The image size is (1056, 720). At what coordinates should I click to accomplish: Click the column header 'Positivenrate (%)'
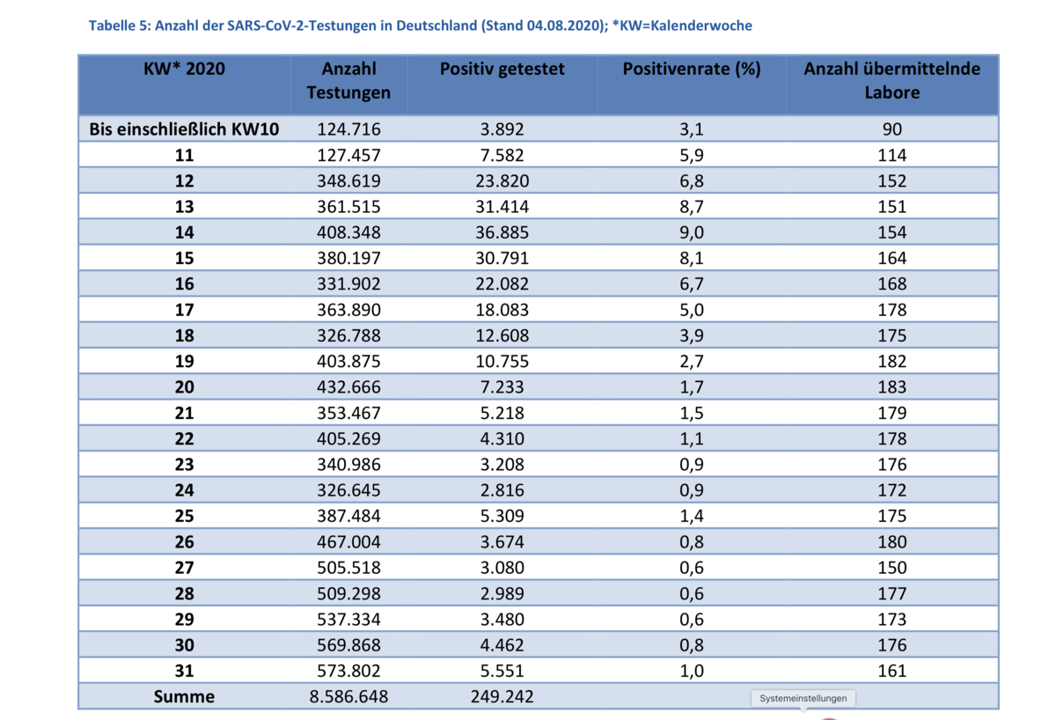pyautogui.click(x=692, y=70)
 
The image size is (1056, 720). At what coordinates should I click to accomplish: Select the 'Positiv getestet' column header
pyautogui.click(x=502, y=70)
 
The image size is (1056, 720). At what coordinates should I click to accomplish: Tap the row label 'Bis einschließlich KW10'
pyautogui.click(x=184, y=129)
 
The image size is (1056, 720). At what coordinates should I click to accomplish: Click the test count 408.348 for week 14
pyautogui.click(x=348, y=232)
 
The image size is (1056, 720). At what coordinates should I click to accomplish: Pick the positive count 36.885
pyautogui.click(x=502, y=232)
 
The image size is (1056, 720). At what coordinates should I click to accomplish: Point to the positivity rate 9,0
pyautogui.click(x=692, y=232)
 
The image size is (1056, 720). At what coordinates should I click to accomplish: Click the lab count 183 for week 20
pyautogui.click(x=892, y=387)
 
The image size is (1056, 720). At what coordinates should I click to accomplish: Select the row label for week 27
pyautogui.click(x=184, y=568)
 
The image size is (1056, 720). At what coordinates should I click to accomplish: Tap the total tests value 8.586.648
pyautogui.click(x=348, y=696)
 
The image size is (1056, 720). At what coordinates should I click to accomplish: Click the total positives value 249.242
pyautogui.click(x=502, y=696)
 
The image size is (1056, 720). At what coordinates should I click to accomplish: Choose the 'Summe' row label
pyautogui.click(x=184, y=696)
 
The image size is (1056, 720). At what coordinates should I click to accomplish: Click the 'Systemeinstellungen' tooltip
pyautogui.click(x=803, y=698)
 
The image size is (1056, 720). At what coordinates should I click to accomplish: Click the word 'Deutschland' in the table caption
pyautogui.click(x=436, y=26)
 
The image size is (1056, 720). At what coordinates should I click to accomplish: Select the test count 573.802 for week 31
pyautogui.click(x=348, y=671)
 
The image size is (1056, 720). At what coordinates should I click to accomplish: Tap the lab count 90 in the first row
pyautogui.click(x=892, y=129)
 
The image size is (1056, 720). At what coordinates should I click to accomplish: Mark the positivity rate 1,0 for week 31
pyautogui.click(x=692, y=671)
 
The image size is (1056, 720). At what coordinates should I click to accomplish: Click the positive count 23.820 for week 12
pyautogui.click(x=502, y=181)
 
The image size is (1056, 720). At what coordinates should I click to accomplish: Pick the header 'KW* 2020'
pyautogui.click(x=184, y=69)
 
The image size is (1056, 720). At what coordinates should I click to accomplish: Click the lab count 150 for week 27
pyautogui.click(x=892, y=568)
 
